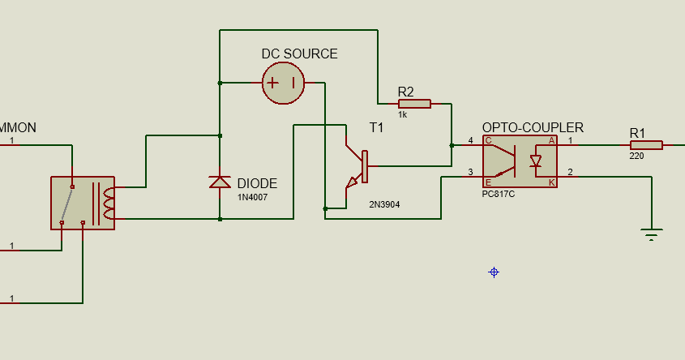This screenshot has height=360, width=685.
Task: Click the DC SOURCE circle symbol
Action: (x=283, y=83)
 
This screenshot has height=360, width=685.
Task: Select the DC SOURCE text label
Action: (x=299, y=54)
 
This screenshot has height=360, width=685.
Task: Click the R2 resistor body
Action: (x=414, y=104)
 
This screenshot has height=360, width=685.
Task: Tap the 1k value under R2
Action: (x=402, y=115)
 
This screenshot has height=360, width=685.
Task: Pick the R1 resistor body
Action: (x=646, y=145)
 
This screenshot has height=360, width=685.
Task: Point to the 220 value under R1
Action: (x=637, y=156)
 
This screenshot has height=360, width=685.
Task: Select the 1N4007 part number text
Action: (x=251, y=197)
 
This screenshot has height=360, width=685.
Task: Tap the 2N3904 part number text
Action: (x=383, y=204)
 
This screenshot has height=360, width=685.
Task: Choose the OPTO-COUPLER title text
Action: (x=533, y=128)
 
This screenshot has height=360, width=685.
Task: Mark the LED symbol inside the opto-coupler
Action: (x=535, y=161)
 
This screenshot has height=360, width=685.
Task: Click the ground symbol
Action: (x=651, y=235)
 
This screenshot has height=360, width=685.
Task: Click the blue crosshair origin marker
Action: (x=494, y=272)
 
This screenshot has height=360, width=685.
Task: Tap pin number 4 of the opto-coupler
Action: (x=470, y=142)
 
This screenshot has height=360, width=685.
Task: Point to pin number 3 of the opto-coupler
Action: (x=470, y=173)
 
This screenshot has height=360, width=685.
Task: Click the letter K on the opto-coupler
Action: (x=552, y=182)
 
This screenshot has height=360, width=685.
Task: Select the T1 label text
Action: (x=377, y=128)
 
